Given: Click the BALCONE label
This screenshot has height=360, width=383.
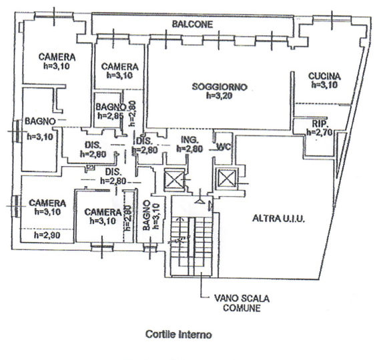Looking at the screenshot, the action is click(192, 24).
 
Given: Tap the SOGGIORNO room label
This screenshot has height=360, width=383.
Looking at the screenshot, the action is click(220, 87).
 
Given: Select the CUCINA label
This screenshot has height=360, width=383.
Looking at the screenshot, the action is click(324, 76).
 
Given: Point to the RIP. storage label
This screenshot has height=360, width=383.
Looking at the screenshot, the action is click(320, 124).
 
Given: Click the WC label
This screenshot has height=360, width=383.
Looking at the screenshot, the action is click(224, 147).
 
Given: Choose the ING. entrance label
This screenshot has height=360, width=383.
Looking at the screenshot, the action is click(189, 140).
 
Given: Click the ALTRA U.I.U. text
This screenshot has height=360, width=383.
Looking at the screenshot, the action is click(279, 219).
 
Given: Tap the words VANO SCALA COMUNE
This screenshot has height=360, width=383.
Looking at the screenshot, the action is click(242, 303).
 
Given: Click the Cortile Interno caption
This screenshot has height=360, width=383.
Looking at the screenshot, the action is click(179, 335).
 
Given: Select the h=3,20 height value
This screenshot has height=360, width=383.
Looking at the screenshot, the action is click(220, 96).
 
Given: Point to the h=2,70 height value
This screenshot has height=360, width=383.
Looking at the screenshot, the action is click(320, 132).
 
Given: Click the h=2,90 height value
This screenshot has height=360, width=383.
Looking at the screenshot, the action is click(47, 235).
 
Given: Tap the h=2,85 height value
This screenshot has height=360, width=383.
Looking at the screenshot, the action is click(110, 116).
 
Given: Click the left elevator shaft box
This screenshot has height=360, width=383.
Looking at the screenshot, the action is click(174, 179).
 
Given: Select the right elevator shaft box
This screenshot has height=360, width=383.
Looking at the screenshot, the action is click(227, 178).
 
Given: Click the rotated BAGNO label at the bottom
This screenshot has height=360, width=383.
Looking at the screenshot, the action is click(147, 215).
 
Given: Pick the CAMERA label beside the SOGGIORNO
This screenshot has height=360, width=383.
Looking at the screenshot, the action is click(119, 67).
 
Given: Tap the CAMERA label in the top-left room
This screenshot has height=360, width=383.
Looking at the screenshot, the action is click(57, 57).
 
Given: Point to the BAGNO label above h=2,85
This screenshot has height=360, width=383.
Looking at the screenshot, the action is click(111, 107).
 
